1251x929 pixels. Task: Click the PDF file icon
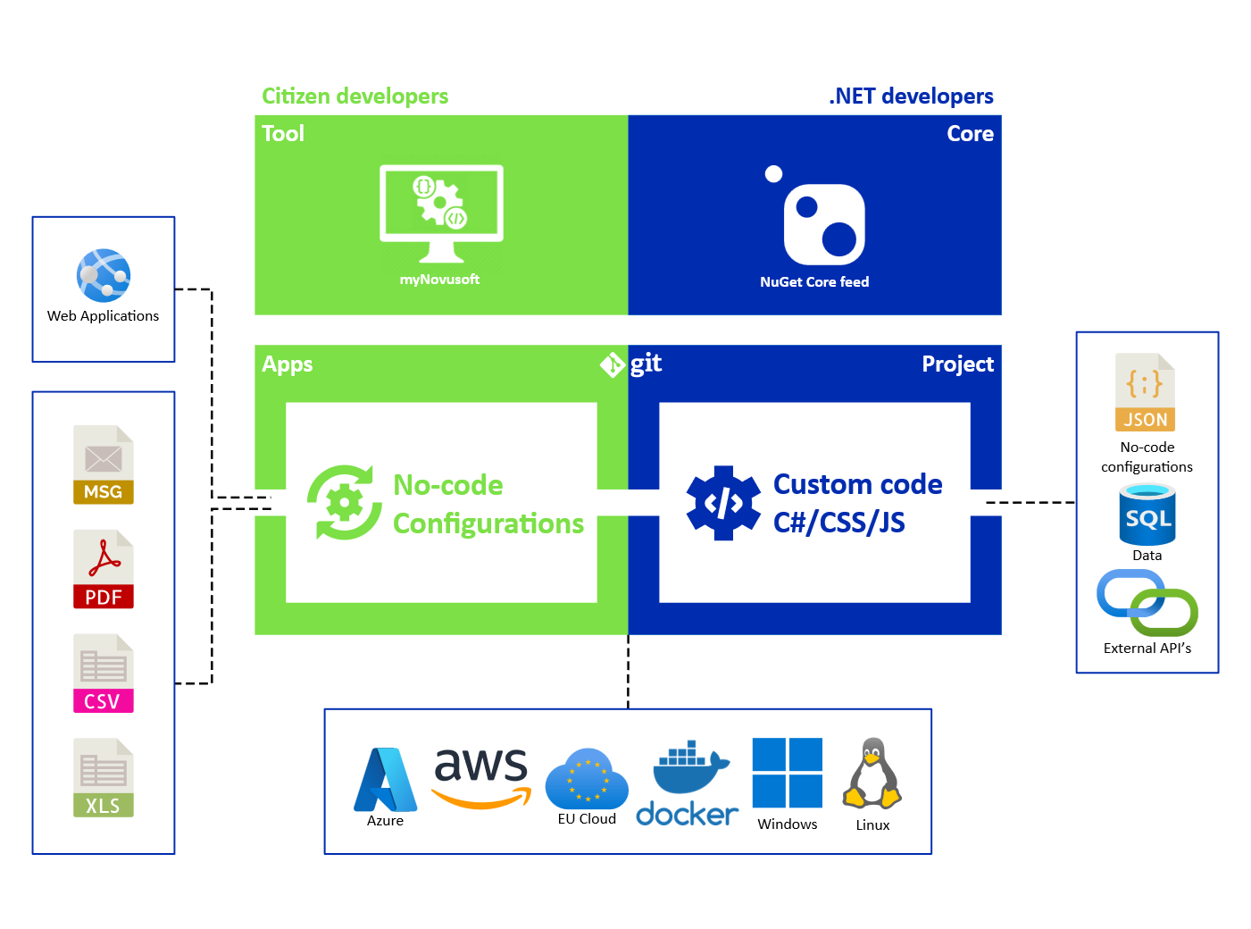point(104,569)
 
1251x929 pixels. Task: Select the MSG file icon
point(104,464)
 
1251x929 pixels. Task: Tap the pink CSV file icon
point(104,673)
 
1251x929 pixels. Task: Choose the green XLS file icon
point(104,777)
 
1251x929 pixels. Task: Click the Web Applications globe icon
point(104,275)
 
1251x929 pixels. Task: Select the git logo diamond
point(613,364)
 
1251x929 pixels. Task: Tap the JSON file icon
point(1145,392)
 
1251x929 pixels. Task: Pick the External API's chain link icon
point(1147,605)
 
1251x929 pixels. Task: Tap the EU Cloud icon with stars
point(586,778)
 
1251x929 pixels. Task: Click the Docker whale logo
point(688,783)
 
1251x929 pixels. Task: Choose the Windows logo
point(787,773)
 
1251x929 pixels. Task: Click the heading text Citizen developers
point(355,96)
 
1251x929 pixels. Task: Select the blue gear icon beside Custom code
point(723,503)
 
